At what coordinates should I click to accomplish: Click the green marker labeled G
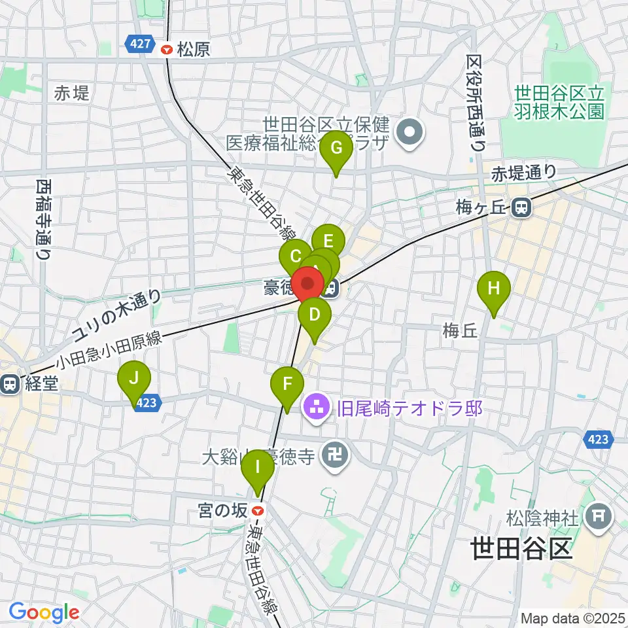tap(336, 148)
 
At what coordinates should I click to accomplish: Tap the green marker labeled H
tap(494, 288)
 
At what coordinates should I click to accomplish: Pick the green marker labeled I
tap(258, 468)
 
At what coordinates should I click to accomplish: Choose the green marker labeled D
tap(315, 315)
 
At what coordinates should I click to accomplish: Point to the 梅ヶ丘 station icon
tap(521, 208)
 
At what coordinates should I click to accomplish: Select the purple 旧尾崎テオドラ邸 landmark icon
tap(318, 409)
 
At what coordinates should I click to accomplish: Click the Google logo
tap(43, 612)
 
